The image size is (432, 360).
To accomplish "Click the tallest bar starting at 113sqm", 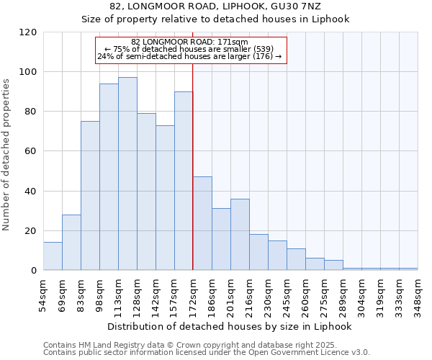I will (127, 174).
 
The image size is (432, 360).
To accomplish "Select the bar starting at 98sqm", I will (109, 177).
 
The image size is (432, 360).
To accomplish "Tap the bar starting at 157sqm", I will (184, 181).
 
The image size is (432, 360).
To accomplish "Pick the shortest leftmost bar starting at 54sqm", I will (53, 256).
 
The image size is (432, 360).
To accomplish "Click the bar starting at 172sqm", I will (202, 223).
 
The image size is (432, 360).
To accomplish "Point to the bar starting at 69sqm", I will (71, 243).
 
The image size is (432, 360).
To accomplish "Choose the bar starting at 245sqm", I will (296, 259).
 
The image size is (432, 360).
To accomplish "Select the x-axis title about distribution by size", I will (230, 326).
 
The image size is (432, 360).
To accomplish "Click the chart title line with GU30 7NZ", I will (230, 6).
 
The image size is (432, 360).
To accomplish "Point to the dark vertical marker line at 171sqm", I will (193, 166).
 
